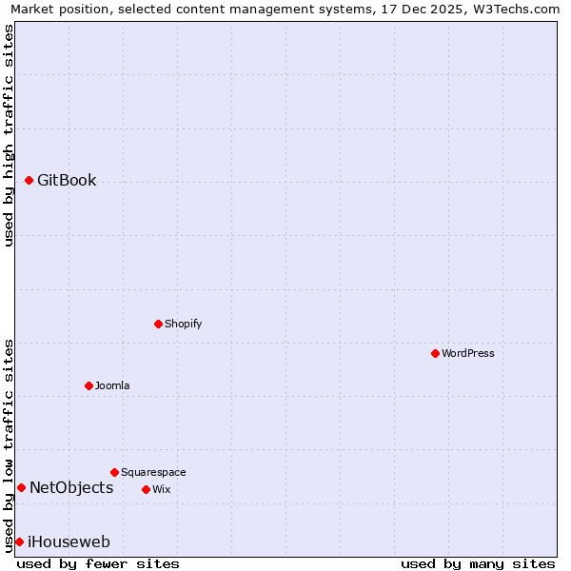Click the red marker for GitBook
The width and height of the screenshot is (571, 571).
pyautogui.click(x=29, y=180)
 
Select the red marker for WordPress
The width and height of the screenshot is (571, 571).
pyautogui.click(x=435, y=353)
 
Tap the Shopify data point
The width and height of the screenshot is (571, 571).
pyautogui.click(x=158, y=324)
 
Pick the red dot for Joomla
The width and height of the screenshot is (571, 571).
pyautogui.click(x=89, y=385)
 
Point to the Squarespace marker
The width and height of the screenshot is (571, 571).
pyautogui.click(x=114, y=472)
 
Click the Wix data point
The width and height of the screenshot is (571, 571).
pyautogui.click(x=146, y=489)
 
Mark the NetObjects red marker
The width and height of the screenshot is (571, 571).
pyautogui.click(x=21, y=487)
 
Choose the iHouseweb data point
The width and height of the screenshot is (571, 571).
pyautogui.click(x=19, y=541)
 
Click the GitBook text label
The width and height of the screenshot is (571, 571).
pyautogui.click(x=67, y=180)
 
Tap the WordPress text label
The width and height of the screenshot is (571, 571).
pyautogui.click(x=468, y=353)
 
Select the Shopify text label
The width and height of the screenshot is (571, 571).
pyautogui.click(x=184, y=324)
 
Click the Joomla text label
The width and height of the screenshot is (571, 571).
pyautogui.click(x=112, y=385)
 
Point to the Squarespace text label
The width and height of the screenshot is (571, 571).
pyautogui.click(x=153, y=472)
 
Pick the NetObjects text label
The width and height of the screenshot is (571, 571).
pyautogui.click(x=71, y=487)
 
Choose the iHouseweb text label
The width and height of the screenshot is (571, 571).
pyautogui.click(x=69, y=541)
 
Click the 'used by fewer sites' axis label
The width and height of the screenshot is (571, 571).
pyautogui.click(x=98, y=563)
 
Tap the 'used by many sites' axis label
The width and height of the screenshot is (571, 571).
pyautogui.click(x=478, y=563)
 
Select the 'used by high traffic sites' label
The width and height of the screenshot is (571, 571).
pyautogui.click(x=9, y=135)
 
